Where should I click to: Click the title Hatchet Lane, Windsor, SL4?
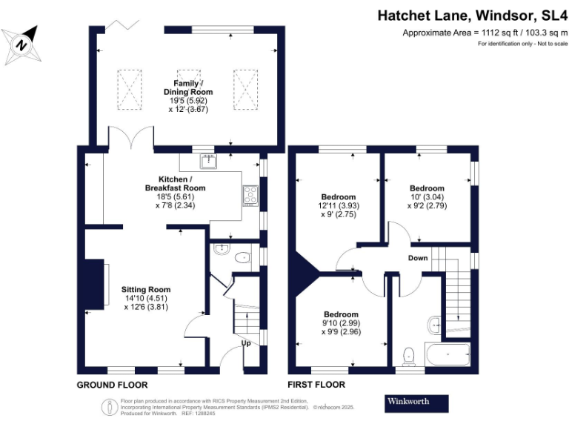[473, 15]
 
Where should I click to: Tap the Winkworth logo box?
[417, 403]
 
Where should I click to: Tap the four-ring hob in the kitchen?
[250, 195]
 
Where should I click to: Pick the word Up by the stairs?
[247, 343]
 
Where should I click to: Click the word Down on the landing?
[418, 258]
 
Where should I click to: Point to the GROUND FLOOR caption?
[113, 385]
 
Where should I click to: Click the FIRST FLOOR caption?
[316, 385]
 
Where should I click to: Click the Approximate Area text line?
[485, 33]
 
